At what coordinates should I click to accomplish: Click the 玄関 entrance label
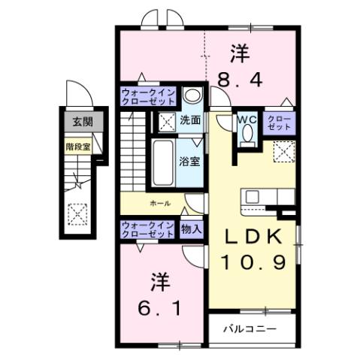coord(78,121)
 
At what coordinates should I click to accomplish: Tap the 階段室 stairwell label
coord(78,147)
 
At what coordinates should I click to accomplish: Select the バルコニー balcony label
coord(251,329)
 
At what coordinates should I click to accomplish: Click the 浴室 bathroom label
coord(189,160)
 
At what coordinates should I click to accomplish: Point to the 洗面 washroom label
coord(189,119)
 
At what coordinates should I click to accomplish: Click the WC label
coord(247,118)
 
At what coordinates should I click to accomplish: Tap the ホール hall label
coord(159,203)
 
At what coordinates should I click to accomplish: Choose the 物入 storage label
coord(191,229)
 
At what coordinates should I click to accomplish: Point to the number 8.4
coord(240,77)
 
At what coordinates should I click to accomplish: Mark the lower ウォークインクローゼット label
coord(149,229)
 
